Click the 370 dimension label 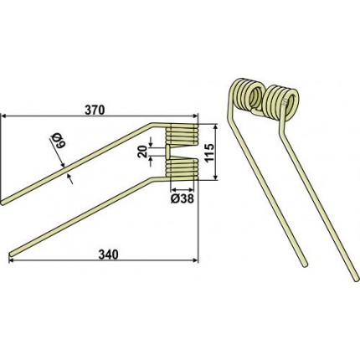[95, 110]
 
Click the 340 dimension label [109, 255]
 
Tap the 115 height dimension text [209, 152]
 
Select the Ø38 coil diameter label [182, 198]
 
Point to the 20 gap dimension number [143, 152]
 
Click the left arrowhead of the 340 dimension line [12, 260]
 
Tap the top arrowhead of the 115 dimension [215, 128]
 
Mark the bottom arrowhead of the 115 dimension [215, 177]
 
